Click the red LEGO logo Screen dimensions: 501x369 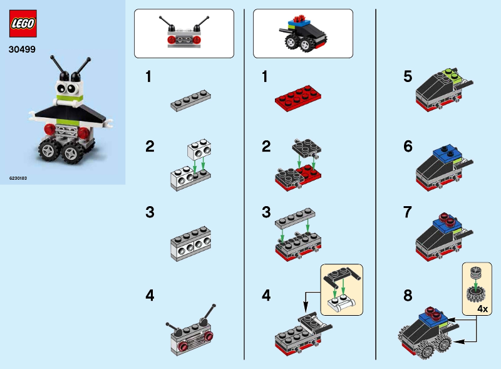[23, 23]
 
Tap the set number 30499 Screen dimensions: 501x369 [22, 49]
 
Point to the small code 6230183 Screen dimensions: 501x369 [18, 178]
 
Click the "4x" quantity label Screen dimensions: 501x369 [482, 309]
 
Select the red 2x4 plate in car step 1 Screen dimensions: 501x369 [298, 98]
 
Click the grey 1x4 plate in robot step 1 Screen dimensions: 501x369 [191, 100]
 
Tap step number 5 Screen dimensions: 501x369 [408, 76]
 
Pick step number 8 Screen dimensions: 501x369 [408, 296]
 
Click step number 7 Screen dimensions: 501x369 [408, 212]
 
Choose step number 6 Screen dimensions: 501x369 [408, 146]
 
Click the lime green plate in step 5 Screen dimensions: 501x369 [452, 75]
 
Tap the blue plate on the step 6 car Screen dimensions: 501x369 [446, 152]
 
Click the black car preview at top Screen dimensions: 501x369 [302, 34]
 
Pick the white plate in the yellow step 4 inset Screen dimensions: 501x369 [341, 303]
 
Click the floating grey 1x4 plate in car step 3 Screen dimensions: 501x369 [295, 218]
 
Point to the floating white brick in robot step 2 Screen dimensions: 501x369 [199, 149]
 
